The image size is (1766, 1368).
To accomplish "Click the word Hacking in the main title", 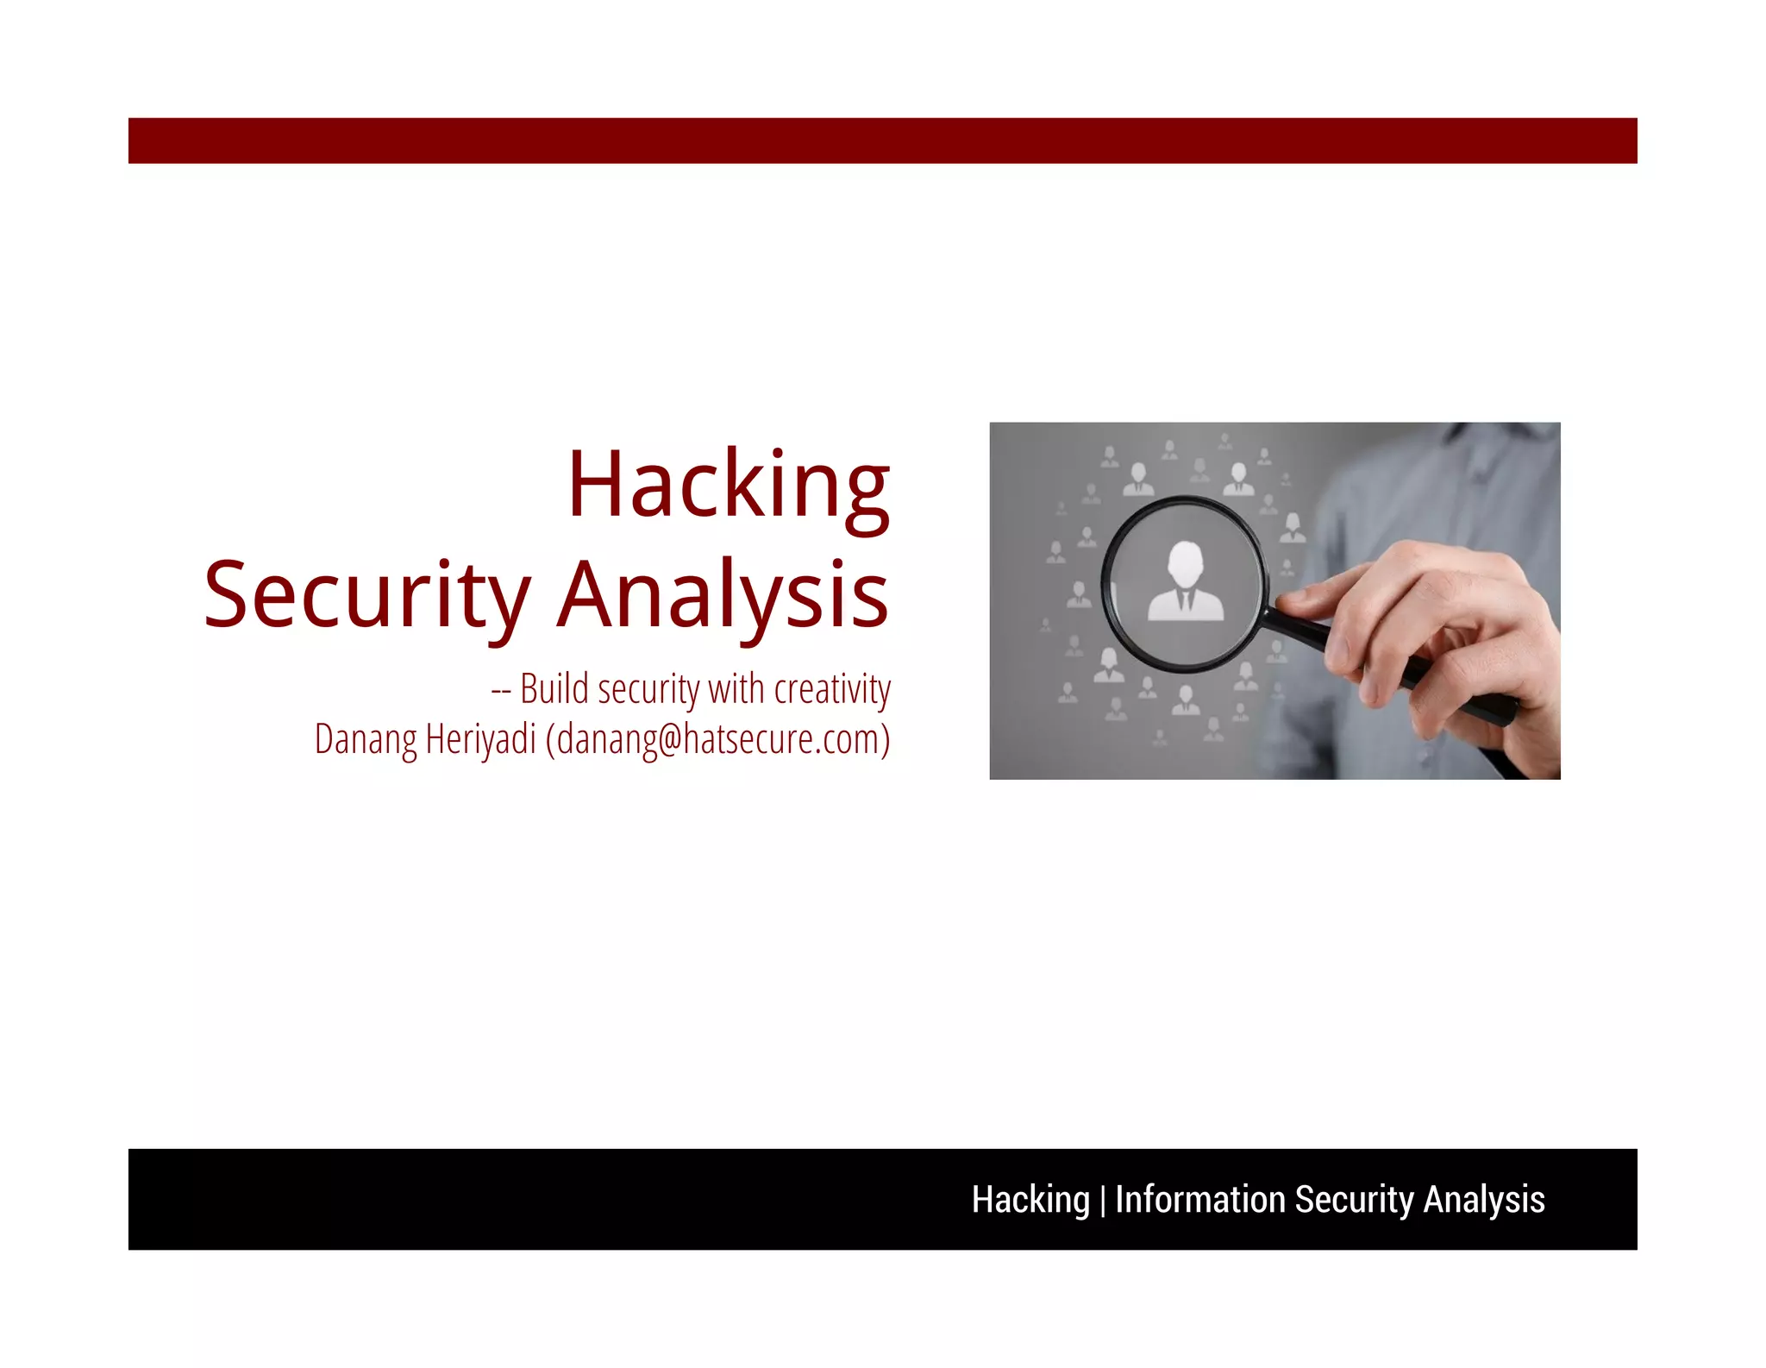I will (x=729, y=485).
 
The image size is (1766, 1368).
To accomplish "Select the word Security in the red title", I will (x=366, y=595).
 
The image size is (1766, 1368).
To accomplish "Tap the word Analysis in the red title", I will (x=723, y=595).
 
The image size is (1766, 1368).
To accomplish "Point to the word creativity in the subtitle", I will (x=832, y=689).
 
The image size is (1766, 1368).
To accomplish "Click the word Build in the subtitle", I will (x=554, y=689).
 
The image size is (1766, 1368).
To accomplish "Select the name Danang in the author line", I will (x=366, y=739).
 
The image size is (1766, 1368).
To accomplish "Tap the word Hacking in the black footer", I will (x=1030, y=1200).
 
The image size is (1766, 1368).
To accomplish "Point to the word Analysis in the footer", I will (x=1484, y=1200).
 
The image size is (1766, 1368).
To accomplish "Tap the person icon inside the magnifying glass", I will (x=1186, y=582).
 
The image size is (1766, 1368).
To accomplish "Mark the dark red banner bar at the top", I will (x=882, y=141).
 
